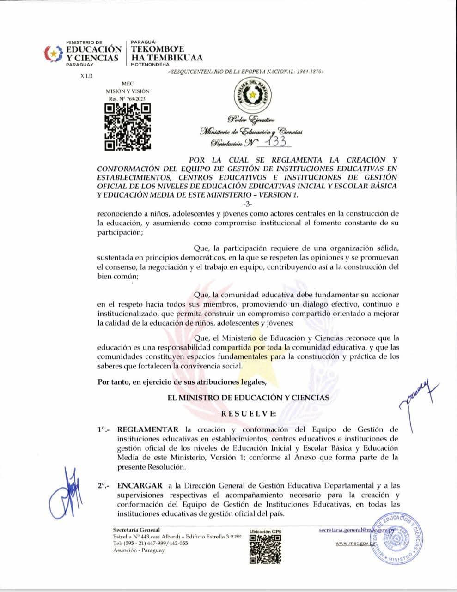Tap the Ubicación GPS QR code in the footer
[265, 549]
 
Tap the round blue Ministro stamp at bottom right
[400, 538]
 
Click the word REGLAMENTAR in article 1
[148, 430]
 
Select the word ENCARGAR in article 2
[140, 485]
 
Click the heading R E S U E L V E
[249, 413]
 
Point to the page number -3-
[248, 204]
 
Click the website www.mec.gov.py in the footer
[355, 544]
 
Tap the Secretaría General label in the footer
[136, 530]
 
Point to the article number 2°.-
[104, 486]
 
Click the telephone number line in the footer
[150, 544]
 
